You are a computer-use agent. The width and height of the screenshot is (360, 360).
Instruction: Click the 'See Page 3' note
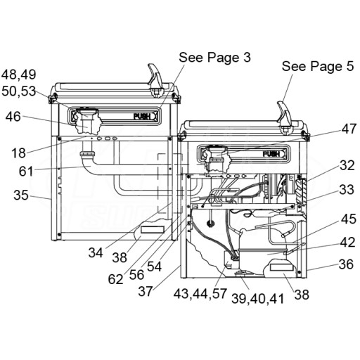click(214, 57)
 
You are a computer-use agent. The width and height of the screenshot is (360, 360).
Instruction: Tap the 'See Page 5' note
click(318, 66)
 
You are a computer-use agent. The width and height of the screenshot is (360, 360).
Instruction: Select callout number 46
click(13, 117)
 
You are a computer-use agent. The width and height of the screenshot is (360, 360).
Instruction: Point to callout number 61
click(26, 171)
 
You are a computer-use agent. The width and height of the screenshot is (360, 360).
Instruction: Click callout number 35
click(21, 195)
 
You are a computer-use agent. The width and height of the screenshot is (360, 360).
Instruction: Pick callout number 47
click(349, 129)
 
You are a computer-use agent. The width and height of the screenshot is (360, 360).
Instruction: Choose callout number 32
click(347, 165)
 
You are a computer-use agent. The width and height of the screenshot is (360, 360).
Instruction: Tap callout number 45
click(349, 219)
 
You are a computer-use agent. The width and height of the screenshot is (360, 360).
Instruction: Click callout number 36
click(346, 264)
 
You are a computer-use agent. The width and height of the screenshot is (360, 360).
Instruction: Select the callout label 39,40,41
click(258, 299)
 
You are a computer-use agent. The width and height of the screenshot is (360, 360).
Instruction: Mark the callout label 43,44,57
click(200, 294)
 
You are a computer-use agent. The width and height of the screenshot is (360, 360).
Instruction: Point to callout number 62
click(115, 279)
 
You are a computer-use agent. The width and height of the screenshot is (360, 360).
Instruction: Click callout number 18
click(18, 153)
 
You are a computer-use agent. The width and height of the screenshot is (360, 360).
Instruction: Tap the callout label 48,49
click(19, 75)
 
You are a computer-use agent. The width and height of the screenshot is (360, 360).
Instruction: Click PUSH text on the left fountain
click(142, 116)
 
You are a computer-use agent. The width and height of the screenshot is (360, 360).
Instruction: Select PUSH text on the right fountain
click(271, 154)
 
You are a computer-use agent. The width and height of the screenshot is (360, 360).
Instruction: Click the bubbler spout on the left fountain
click(155, 80)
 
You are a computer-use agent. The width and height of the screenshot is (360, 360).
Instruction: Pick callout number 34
click(96, 253)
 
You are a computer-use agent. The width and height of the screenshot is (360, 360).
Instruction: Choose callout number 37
click(146, 291)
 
